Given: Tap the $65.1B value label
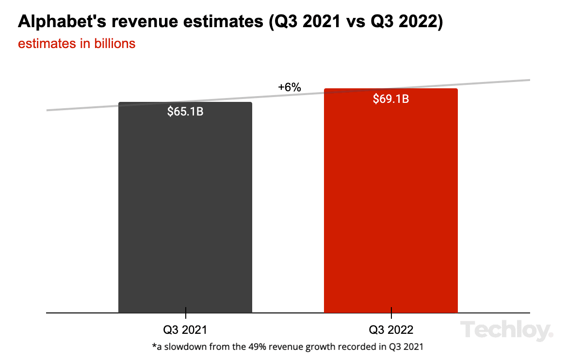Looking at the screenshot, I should click(185, 112).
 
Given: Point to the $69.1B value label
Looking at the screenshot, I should click(391, 99).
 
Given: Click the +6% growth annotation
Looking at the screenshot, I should click(290, 87).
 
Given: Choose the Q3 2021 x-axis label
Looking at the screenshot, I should click(185, 330).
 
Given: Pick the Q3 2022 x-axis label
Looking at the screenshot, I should click(391, 330).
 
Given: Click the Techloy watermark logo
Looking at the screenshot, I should click(507, 331).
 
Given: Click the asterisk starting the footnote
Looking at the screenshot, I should click(154, 346).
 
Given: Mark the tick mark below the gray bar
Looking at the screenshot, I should click(185, 313).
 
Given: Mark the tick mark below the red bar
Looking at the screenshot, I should click(391, 313).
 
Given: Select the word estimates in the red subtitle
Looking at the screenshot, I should click(45, 43).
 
